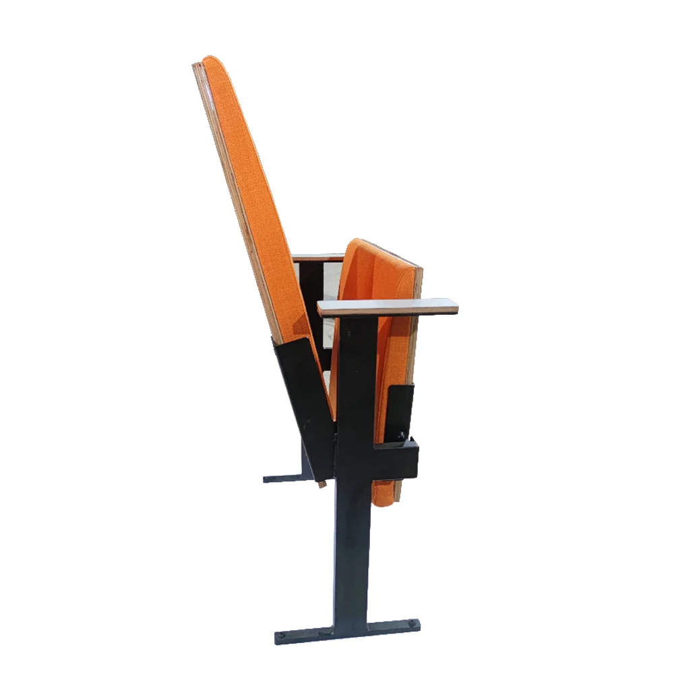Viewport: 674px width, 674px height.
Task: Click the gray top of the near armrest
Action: tap(388, 307)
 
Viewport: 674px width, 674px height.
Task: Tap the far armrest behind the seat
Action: tap(318, 257)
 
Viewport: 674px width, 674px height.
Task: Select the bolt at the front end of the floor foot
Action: tap(411, 624)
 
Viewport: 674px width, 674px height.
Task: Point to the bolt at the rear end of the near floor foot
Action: tap(282, 636)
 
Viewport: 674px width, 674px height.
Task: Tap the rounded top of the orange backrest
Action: tap(210, 63)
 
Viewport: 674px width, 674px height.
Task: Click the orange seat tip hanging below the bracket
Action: tap(386, 495)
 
